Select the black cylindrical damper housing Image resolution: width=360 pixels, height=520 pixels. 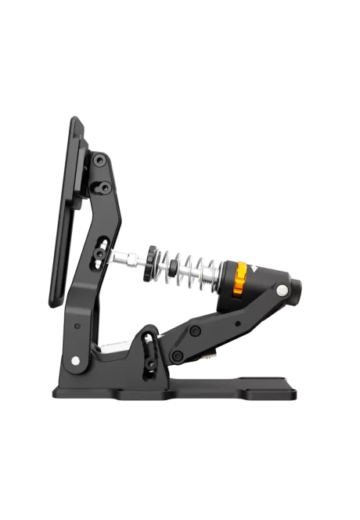(x=266, y=277)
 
